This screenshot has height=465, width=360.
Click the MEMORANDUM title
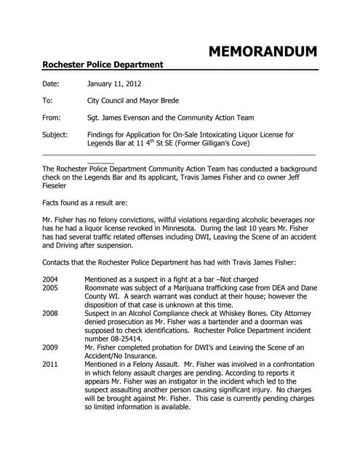click(x=263, y=51)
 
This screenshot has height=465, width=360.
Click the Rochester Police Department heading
click(x=103, y=65)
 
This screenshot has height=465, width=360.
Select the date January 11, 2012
click(x=109, y=84)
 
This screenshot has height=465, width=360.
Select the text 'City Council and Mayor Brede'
click(x=132, y=101)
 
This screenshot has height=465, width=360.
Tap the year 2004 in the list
click(x=51, y=279)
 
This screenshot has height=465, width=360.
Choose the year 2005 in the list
click(x=51, y=288)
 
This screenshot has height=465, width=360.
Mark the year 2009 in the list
click(x=51, y=347)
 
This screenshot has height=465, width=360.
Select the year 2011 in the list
click(x=51, y=364)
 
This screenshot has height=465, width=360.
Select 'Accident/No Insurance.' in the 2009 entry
click(x=124, y=355)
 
